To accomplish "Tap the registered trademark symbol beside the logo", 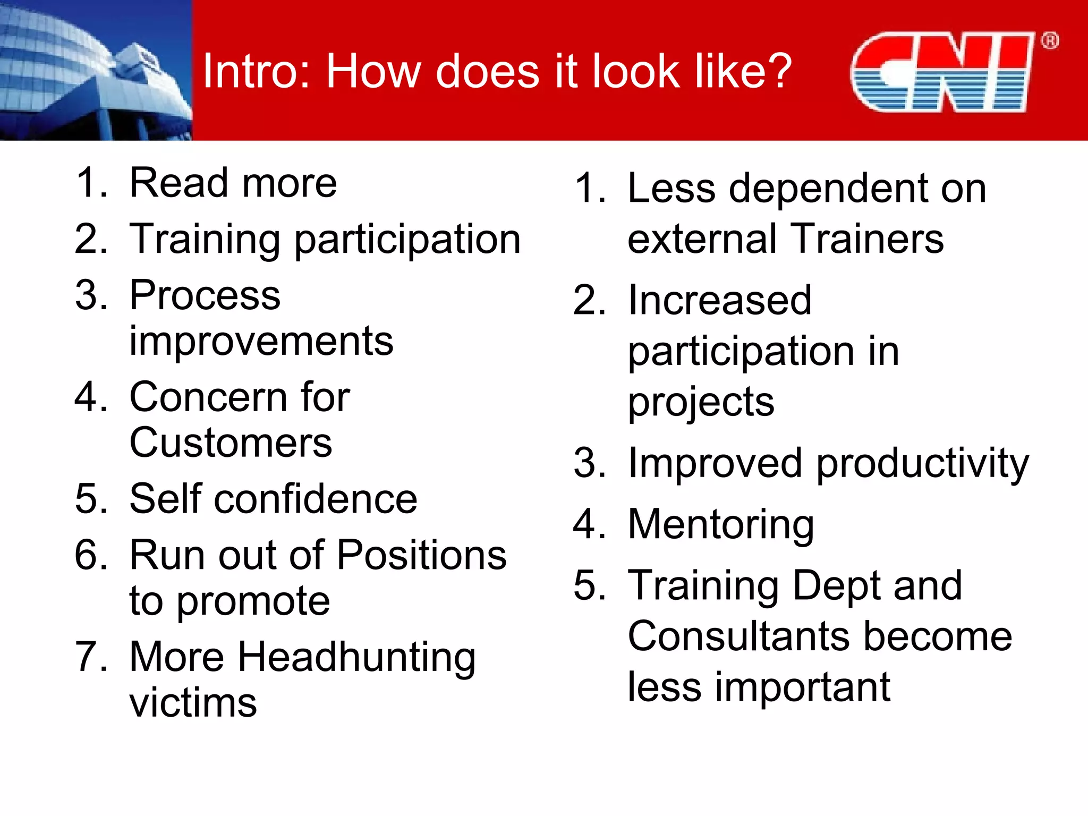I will click(x=1050, y=40).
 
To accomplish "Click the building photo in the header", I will click(x=96, y=70).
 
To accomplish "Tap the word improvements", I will click(x=261, y=341).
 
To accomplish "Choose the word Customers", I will click(x=231, y=443).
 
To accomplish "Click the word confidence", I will click(x=316, y=499).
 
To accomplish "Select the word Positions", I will click(x=422, y=556).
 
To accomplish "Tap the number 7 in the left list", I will click(x=90, y=657).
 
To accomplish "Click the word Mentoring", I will click(x=721, y=525).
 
